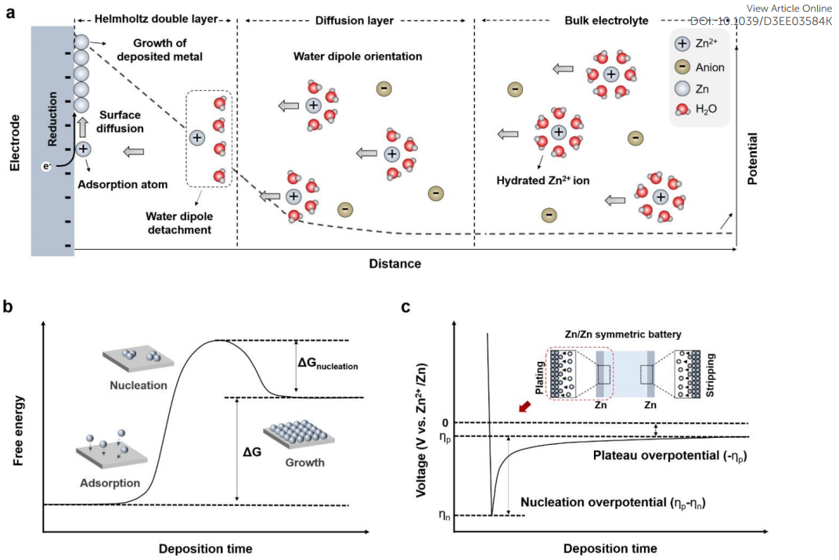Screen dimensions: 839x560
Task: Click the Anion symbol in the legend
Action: [x=682, y=67]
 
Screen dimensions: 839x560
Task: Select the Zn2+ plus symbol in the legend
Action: [x=682, y=44]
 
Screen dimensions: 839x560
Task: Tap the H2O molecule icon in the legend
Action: [x=682, y=109]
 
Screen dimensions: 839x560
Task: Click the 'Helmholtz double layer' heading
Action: [x=157, y=20]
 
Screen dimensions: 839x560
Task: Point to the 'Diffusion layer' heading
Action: [x=355, y=20]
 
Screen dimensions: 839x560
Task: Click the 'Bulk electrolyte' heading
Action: [x=607, y=20]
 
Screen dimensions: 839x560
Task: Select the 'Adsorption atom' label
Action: [x=123, y=184]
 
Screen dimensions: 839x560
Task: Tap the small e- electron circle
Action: [x=46, y=167]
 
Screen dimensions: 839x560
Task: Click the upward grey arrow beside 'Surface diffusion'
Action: [x=82, y=128]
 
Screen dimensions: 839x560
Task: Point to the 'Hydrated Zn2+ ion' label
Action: [x=542, y=180]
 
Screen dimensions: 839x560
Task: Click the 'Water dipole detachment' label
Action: [x=179, y=222]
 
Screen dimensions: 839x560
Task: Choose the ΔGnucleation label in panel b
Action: [x=327, y=363]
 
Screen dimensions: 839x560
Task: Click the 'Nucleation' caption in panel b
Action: [x=138, y=385]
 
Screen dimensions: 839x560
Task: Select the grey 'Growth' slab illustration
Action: [x=299, y=434]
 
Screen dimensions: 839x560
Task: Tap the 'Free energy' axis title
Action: [x=18, y=431]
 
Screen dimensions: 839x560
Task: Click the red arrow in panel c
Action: [x=525, y=407]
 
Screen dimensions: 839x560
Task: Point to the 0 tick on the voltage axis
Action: [x=445, y=423]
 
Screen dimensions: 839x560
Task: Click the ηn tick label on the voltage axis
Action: [x=444, y=515]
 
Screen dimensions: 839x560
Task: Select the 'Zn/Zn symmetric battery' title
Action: [x=623, y=334]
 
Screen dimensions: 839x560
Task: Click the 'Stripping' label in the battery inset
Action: [x=710, y=374]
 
